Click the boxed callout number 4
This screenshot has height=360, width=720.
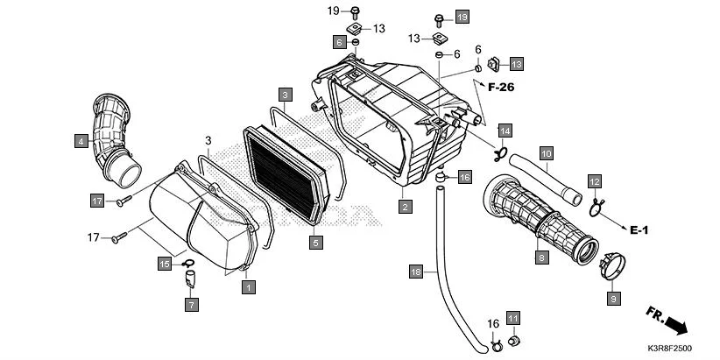click(x=81, y=140)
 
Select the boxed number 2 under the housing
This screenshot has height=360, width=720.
click(x=405, y=207)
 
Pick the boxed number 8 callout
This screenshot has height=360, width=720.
click(x=542, y=258)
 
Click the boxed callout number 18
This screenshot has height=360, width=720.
click(x=417, y=273)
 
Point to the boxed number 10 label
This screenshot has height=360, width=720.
click(x=545, y=154)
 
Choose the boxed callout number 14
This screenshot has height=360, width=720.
click(x=505, y=131)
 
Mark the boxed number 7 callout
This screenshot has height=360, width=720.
click(x=191, y=305)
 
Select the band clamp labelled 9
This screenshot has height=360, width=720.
click(x=616, y=265)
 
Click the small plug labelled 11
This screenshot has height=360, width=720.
click(x=514, y=340)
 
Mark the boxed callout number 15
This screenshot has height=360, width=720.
click(x=164, y=263)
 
